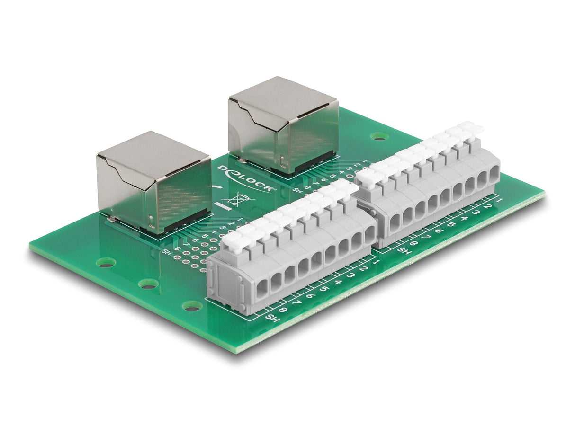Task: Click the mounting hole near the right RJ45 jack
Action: (379, 136)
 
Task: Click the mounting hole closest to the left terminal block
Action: (192, 306)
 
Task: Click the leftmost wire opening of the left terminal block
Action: (262, 287)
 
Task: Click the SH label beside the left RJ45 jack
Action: (166, 252)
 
